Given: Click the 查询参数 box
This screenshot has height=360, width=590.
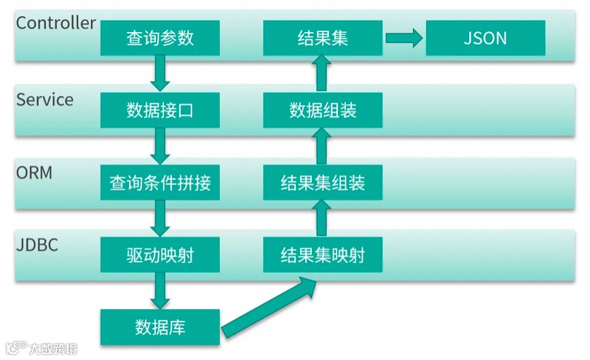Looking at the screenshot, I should tap(160, 38).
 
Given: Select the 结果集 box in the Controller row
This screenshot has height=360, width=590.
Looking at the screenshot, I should tap(323, 38).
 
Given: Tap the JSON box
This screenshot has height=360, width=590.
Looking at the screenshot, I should tap(485, 38).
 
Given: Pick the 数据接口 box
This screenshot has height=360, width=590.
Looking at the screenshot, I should tap(160, 111).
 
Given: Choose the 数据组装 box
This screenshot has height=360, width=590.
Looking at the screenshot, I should tap(323, 111).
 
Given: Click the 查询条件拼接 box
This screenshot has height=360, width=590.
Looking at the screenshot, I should tap(160, 183).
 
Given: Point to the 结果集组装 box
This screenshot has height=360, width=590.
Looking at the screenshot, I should tap(323, 183).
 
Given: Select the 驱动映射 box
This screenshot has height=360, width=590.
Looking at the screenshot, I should tap(160, 256).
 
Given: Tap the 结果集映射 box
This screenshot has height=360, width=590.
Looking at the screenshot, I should tap(323, 256).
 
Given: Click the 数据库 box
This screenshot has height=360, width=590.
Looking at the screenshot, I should tap(160, 327).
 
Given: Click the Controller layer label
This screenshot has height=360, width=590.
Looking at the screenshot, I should tap(56, 23).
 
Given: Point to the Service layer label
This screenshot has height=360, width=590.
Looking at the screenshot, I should tap(45, 100).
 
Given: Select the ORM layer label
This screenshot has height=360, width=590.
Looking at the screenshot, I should tap(35, 173).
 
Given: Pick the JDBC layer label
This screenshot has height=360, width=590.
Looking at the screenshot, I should tap(37, 245).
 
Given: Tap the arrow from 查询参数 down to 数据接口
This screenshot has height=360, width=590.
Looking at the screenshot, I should tap(160, 74).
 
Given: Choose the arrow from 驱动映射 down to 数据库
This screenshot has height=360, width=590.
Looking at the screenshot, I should tap(160, 291).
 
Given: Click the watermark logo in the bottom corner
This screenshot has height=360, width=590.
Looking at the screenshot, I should tap(41, 348).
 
